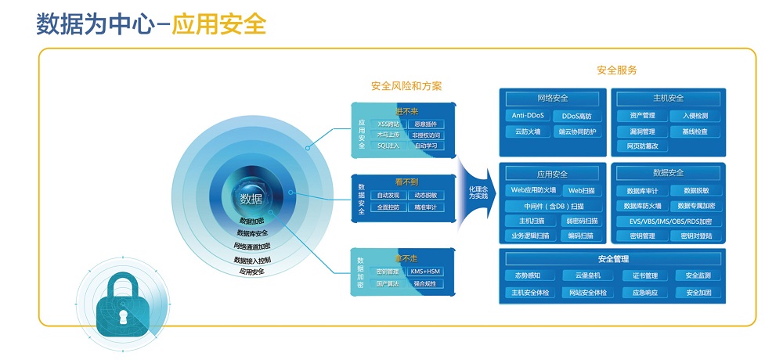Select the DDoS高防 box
tap(577, 116)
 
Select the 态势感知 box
tap(528, 275)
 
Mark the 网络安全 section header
tap(553, 99)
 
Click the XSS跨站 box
tap(388, 124)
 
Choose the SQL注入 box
tap(388, 146)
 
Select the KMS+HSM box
tap(426, 272)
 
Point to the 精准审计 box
tap(426, 207)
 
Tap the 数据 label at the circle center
tap(251, 198)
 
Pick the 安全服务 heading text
tap(616, 70)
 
